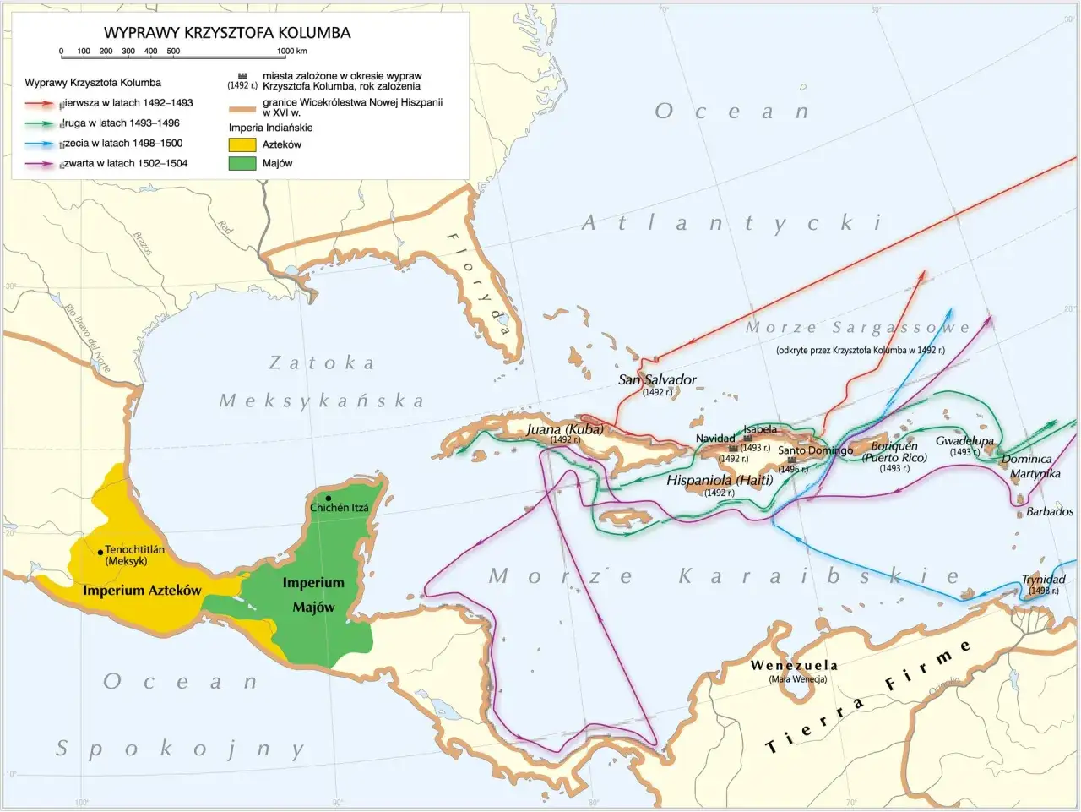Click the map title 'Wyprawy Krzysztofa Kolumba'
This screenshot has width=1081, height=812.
click(x=227, y=33)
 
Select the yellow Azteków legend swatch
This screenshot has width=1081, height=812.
click(x=242, y=144)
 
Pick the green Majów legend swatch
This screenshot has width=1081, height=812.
click(x=242, y=163)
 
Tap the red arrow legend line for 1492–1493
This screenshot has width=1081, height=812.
click(x=41, y=103)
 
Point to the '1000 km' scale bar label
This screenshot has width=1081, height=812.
click(x=291, y=51)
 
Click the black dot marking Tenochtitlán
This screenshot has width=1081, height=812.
click(x=100, y=550)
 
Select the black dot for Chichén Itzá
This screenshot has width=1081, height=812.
click(x=327, y=498)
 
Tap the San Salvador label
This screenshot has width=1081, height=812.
click(x=657, y=379)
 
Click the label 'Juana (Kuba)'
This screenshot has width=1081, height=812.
click(x=564, y=429)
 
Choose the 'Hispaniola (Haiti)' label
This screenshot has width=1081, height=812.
click(x=720, y=480)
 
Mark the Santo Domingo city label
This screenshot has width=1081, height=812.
click(x=815, y=450)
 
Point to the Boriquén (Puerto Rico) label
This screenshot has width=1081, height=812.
click(x=894, y=451)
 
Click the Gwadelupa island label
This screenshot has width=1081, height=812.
click(x=964, y=441)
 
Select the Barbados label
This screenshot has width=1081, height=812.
click(x=1050, y=511)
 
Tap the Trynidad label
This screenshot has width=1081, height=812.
click(x=1044, y=580)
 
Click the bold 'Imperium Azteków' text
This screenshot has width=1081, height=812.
click(x=142, y=590)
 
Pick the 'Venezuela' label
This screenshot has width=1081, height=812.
click(x=794, y=666)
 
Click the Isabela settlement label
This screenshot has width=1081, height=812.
click(x=760, y=430)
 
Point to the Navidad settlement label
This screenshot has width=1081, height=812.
click(x=715, y=439)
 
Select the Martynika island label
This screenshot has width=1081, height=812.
click(x=1035, y=474)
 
